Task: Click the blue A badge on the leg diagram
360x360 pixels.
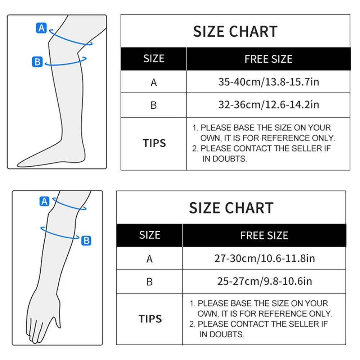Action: tap(42, 28)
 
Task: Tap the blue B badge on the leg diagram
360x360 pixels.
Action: tap(37, 62)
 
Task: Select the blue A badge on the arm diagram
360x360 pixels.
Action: tap(44, 201)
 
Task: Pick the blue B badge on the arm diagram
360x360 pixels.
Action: tap(86, 240)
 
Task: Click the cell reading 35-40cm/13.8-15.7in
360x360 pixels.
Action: tap(268, 82)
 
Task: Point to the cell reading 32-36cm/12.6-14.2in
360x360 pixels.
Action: tap(268, 105)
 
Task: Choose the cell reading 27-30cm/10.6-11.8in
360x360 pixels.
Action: tap(264, 258)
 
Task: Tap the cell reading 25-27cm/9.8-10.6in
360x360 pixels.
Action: tap(264, 281)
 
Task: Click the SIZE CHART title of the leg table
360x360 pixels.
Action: tap(235, 32)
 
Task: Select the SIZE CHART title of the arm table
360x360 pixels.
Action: tap(231, 208)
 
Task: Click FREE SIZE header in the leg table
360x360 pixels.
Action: tap(268, 59)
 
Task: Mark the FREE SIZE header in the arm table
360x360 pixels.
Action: tap(264, 235)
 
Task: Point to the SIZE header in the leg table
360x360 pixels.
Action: tap(154, 59)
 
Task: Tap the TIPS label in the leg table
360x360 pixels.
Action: tap(154, 143)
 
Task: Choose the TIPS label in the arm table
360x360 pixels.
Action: tap(150, 319)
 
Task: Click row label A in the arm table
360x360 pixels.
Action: tap(150, 259)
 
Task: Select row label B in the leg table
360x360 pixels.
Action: tap(154, 105)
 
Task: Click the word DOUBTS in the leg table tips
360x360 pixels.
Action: tap(229, 159)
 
